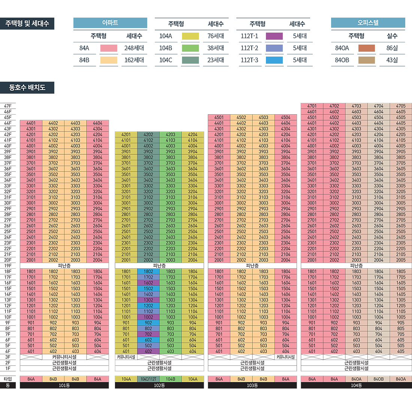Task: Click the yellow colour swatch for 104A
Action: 190,36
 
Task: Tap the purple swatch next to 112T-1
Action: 274,36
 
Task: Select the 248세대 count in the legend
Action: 134,48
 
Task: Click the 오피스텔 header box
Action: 368,23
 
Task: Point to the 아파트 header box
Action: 110,23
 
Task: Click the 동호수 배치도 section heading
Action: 27,88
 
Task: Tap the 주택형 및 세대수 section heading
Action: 27,24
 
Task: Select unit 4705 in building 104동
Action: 401,106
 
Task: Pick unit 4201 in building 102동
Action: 126,134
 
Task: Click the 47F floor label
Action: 8,106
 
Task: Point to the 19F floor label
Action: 8,266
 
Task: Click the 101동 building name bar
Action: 64,386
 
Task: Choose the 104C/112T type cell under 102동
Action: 148,379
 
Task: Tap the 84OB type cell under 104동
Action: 379,379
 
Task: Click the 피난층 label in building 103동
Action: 252,266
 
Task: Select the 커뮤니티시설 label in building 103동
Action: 285,357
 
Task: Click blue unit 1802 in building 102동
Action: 148,272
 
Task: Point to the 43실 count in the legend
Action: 392,60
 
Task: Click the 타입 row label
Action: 8,379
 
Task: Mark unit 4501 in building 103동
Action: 219,117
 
